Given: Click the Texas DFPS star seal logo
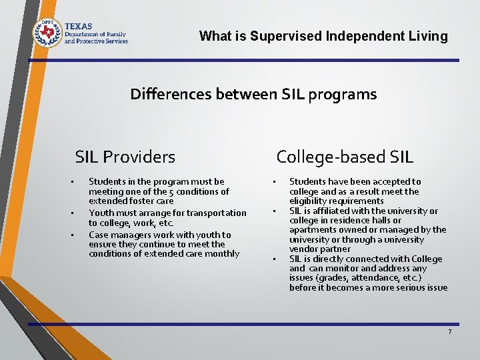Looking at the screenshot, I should click(x=47, y=32).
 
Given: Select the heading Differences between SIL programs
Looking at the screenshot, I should click(x=253, y=95).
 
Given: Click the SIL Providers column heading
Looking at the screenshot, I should click(x=125, y=157).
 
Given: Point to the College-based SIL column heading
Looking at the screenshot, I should click(x=345, y=157).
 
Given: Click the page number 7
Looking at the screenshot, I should click(x=449, y=332).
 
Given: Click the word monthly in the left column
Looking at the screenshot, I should click(x=223, y=253).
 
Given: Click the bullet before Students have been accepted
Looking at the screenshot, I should click(x=273, y=182).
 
